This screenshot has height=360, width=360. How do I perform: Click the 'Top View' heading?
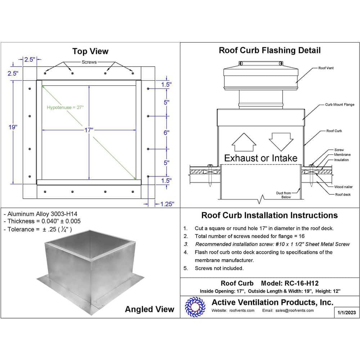90,51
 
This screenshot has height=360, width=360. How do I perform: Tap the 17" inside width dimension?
89,130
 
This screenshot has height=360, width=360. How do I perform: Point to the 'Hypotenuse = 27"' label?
65,107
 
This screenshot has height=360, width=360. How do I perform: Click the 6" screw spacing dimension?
166,132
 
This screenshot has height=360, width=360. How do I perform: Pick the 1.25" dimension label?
167,204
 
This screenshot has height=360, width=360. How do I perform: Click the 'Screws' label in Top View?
89,62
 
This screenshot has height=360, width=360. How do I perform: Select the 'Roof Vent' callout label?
326,68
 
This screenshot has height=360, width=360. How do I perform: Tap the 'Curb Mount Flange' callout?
339,105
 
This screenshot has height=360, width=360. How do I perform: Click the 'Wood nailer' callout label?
343,187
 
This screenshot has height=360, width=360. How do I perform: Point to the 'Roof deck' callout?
343,194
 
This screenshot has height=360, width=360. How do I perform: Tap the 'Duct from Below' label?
283,195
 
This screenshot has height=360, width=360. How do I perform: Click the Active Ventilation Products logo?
195,307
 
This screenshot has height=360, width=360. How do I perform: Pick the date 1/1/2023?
347,312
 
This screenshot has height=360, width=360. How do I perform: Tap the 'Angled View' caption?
149,309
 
